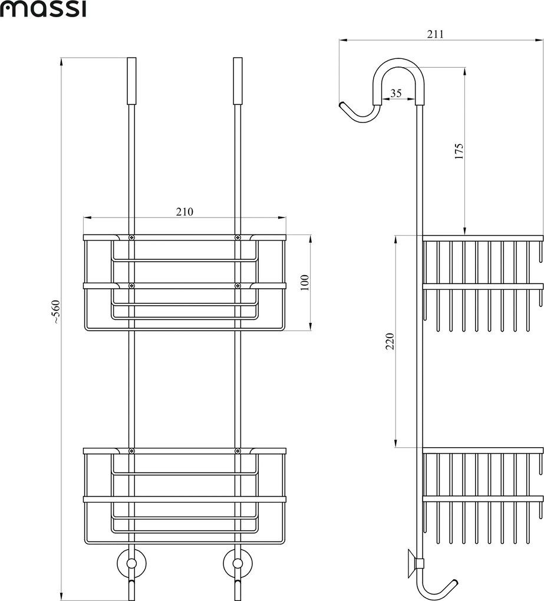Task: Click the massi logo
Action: click(x=43, y=9)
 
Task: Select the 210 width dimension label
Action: click(x=184, y=211)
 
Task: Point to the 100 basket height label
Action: click(x=304, y=282)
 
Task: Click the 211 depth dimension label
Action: click(x=436, y=34)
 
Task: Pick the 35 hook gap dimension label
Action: click(x=395, y=93)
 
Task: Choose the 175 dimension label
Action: click(x=459, y=151)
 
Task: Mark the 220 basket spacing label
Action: click(x=390, y=341)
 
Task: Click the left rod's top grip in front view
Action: click(x=131, y=81)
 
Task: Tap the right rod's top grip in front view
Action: click(x=238, y=81)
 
